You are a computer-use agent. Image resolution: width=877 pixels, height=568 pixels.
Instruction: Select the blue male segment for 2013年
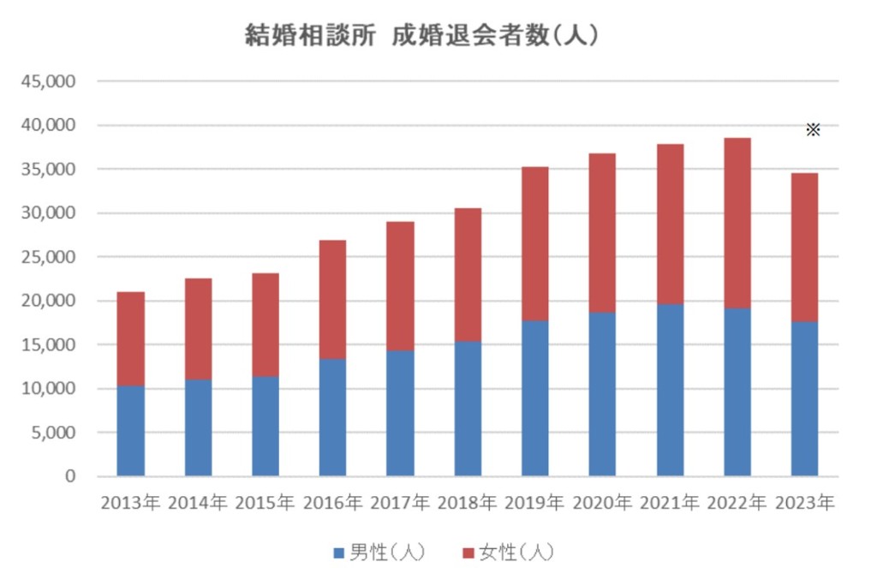click(131, 431)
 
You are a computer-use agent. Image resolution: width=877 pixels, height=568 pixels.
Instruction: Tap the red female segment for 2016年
click(332, 299)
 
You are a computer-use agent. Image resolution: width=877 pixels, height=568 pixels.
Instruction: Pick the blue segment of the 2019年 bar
click(534, 398)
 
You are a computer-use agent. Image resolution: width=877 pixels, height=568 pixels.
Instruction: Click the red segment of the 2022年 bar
click(737, 223)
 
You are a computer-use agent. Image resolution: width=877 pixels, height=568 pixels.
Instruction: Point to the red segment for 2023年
click(804, 248)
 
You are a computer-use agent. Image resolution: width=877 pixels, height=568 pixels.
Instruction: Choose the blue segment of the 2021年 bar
click(670, 390)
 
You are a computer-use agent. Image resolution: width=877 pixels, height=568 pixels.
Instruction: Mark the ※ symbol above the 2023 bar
click(813, 129)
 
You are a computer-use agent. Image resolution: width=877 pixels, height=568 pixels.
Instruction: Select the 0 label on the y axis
click(71, 476)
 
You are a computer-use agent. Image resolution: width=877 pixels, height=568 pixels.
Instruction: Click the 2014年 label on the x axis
click(198, 503)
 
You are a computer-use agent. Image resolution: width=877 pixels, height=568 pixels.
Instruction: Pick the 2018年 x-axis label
click(467, 503)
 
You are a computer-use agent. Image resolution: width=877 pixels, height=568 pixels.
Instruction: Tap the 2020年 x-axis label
click(602, 503)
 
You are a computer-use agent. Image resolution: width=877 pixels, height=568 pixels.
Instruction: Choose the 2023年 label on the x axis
click(804, 503)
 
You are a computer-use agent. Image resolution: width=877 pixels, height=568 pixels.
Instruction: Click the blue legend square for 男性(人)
click(337, 549)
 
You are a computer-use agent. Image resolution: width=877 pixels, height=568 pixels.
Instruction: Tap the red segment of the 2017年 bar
click(400, 286)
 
